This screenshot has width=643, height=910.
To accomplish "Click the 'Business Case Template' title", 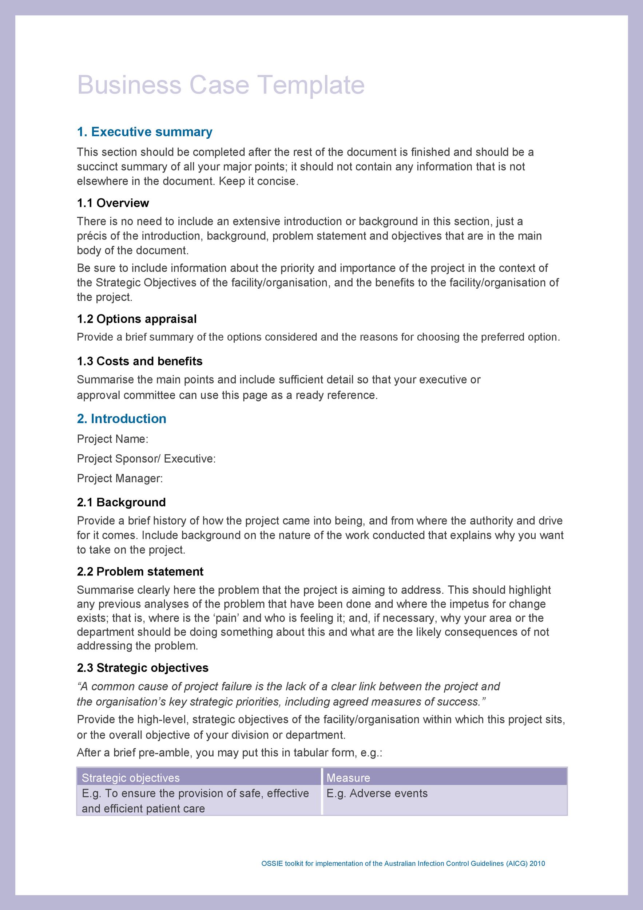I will pyautogui.click(x=221, y=85).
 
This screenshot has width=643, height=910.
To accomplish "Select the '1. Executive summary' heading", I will pyautogui.click(x=144, y=132).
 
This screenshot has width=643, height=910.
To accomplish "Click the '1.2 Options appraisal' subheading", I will pyautogui.click(x=137, y=319).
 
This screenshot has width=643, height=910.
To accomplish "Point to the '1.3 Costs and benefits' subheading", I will pyautogui.click(x=139, y=361).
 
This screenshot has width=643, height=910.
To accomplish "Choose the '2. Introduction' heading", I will pyautogui.click(x=122, y=419).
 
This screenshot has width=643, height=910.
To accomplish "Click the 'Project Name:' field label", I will pyautogui.click(x=112, y=439).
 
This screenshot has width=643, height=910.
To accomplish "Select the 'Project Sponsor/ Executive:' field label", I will pyautogui.click(x=146, y=459).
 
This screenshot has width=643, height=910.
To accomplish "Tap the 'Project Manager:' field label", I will pyautogui.click(x=120, y=478).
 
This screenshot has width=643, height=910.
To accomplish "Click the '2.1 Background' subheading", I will pyautogui.click(x=121, y=502).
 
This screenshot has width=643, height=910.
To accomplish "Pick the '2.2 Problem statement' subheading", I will pyautogui.click(x=140, y=571).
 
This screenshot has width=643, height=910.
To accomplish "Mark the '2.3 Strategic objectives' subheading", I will pyautogui.click(x=143, y=668).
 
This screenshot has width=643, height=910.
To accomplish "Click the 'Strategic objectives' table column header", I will pyautogui.click(x=131, y=778).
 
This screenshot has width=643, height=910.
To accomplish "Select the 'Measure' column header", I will pyautogui.click(x=348, y=778).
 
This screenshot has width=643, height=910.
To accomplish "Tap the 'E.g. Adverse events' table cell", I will pyautogui.click(x=377, y=794).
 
